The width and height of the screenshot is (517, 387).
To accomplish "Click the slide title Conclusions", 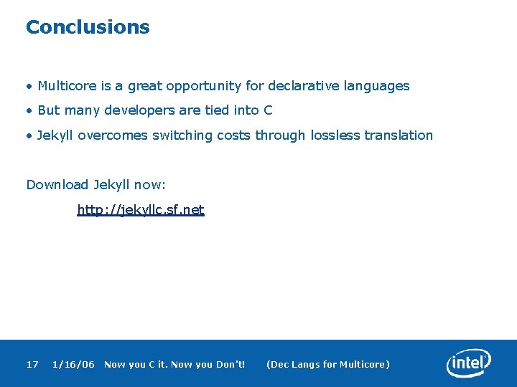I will click(88, 27).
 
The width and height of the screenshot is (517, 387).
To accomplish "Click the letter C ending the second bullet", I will click(268, 110).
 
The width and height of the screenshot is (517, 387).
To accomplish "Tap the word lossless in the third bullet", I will click(336, 135).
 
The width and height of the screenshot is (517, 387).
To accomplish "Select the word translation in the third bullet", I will click(399, 135).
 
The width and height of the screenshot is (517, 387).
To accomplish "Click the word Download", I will click(57, 185).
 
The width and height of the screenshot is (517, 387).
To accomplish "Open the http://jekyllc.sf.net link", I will click(141, 210).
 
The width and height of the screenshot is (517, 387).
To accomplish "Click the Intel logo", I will click(469, 363).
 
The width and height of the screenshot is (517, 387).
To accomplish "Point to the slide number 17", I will click(32, 365).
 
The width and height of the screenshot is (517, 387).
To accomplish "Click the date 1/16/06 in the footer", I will click(73, 365).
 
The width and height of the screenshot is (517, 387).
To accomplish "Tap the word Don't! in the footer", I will click(230, 365).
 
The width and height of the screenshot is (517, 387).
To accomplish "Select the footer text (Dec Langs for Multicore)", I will click(327, 365).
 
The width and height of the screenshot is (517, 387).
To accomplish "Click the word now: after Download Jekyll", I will click(149, 185).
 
